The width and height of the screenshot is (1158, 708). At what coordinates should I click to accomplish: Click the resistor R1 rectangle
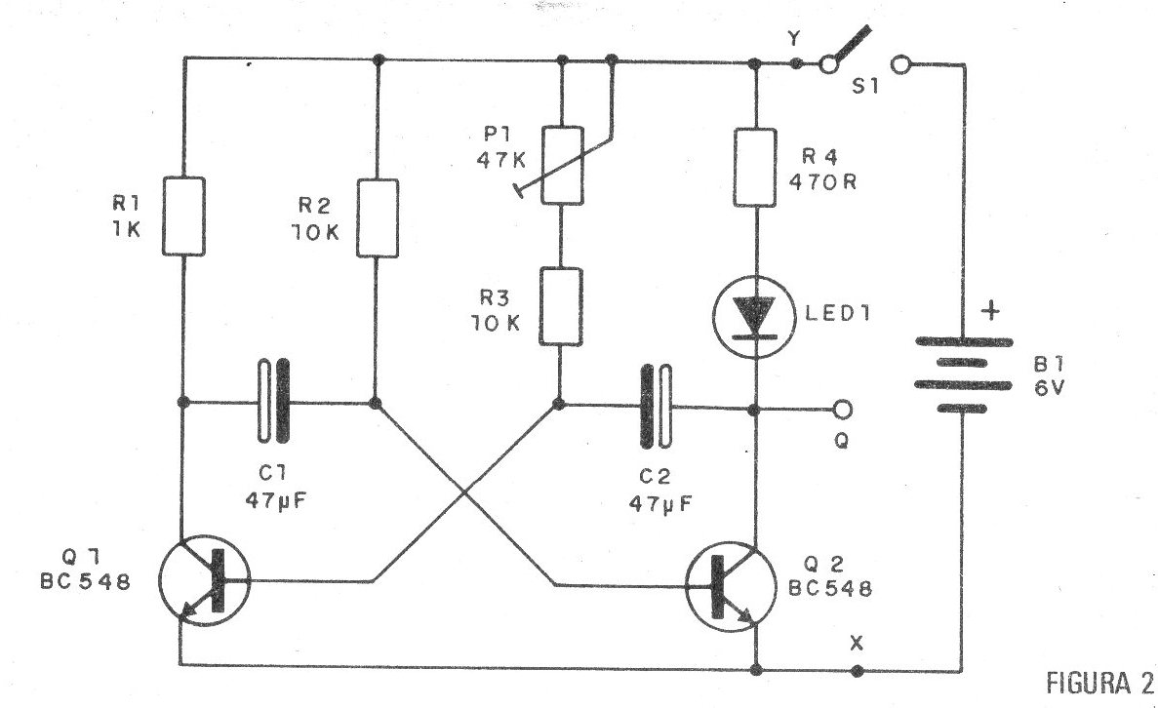182,216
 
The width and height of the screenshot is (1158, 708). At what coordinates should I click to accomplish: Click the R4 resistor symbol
755,169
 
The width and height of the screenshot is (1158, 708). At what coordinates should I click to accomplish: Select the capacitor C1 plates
273,401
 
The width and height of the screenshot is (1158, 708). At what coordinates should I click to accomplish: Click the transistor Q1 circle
203,582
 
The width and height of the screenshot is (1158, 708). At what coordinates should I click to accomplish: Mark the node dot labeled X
856,670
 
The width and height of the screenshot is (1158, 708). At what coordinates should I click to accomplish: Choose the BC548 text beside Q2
831,589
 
